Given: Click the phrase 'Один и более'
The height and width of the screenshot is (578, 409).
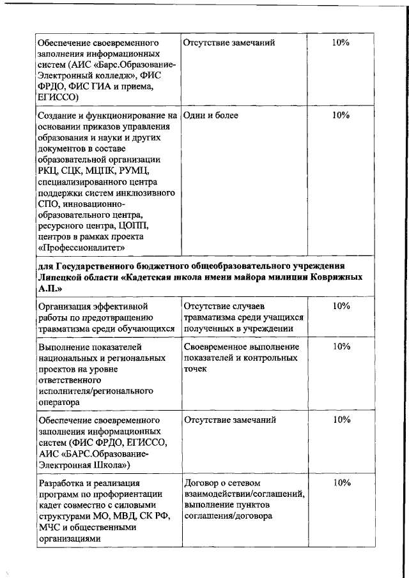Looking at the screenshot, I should (x=211, y=116).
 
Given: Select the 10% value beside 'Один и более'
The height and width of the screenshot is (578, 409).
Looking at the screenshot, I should (x=341, y=116).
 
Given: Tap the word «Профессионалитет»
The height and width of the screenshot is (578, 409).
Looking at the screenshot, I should (x=81, y=247).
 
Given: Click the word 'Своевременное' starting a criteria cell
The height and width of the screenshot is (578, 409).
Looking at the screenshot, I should (x=214, y=347).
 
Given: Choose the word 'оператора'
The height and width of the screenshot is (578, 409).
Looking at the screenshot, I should (x=59, y=402).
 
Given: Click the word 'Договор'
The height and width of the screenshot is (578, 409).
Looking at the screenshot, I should (x=201, y=482).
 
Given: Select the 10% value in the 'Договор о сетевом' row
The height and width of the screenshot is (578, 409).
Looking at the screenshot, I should (x=341, y=482).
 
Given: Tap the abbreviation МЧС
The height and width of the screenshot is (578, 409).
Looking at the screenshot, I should (x=49, y=528).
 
